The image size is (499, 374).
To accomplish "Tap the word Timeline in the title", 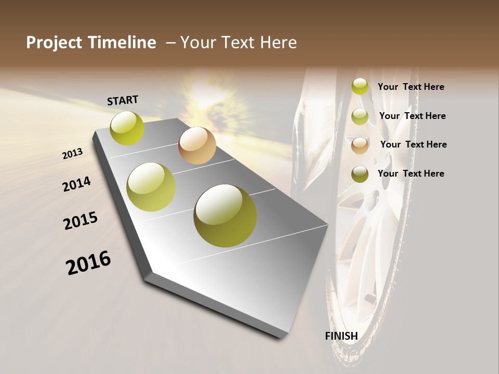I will click(x=122, y=43).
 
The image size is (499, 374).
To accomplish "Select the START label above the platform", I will click(x=123, y=100).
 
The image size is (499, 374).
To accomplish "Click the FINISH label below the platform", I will click(x=342, y=336).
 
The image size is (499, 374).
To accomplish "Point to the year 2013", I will click(x=73, y=154).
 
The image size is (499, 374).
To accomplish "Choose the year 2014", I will click(x=77, y=184).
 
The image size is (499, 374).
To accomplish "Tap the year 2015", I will click(x=81, y=221).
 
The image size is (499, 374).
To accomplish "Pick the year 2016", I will click(x=88, y=262).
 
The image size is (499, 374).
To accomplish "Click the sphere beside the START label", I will click(x=127, y=128).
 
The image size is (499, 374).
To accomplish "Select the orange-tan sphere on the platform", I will click(x=197, y=145).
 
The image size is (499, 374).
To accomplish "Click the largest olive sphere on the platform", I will click(x=225, y=216).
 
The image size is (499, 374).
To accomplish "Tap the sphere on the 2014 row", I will click(x=151, y=187).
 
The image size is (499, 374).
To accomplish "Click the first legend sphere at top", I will click(x=360, y=87).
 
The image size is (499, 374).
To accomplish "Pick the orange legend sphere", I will click(x=360, y=145).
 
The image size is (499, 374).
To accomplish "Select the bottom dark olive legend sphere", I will click(x=360, y=174).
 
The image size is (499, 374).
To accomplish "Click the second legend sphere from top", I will click(x=360, y=116).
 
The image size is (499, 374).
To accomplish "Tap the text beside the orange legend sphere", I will click(x=413, y=144).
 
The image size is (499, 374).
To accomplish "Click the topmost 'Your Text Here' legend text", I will click(x=411, y=87).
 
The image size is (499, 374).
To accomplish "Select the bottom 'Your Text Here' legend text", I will click(x=411, y=173).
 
